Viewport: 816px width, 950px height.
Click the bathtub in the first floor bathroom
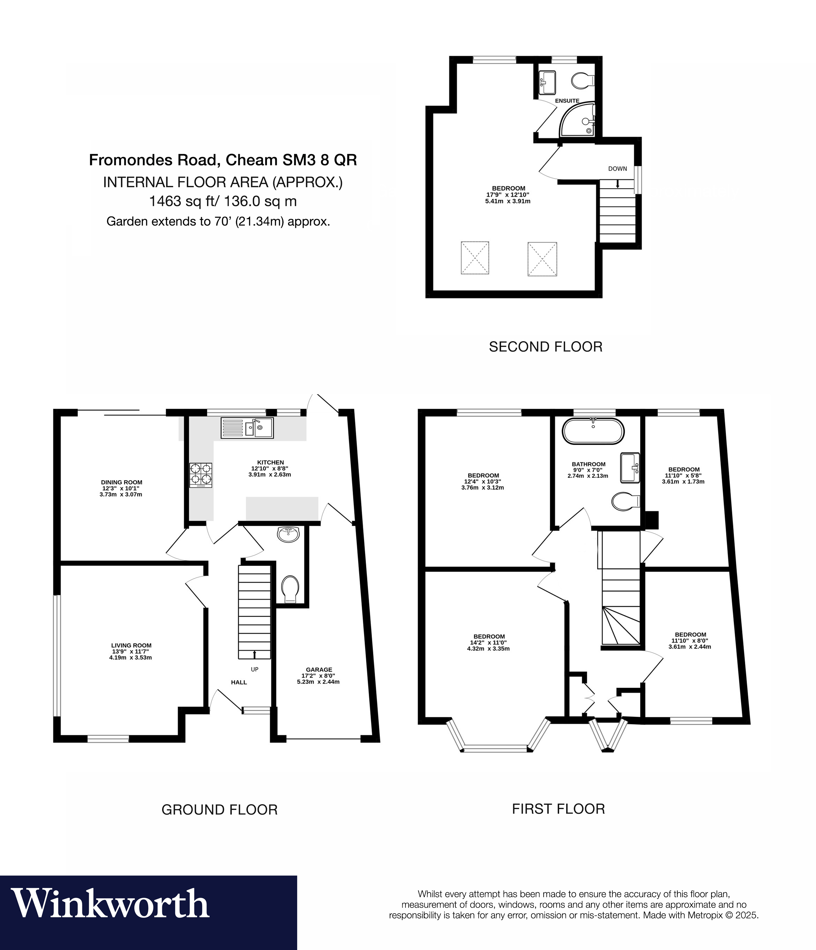coord(593,431)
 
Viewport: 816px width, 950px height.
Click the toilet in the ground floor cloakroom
coord(290,589)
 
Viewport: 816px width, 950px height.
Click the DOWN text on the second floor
coord(617,169)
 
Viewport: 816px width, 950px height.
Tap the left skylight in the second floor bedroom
coord(475,258)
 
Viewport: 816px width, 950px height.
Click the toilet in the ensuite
coord(582,81)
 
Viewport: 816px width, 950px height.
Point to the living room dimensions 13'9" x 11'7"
coord(131,651)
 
